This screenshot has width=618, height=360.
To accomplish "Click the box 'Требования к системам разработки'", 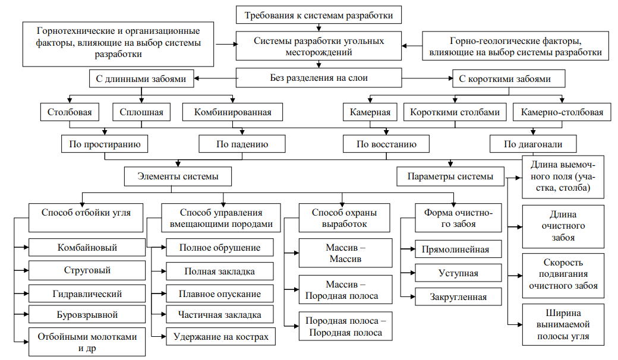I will [x=319, y=14].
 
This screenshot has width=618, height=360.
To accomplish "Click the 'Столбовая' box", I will [x=69, y=112].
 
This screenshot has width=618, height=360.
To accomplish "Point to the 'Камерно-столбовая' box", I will [x=562, y=112].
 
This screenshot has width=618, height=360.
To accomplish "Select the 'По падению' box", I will [x=241, y=144].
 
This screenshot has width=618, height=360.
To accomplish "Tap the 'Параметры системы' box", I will [x=450, y=176].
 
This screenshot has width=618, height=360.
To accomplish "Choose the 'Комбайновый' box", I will [x=87, y=248].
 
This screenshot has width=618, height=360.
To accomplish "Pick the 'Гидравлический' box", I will [x=87, y=293].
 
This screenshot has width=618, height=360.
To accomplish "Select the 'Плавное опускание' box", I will [x=220, y=293].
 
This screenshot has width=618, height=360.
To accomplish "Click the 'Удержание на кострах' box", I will [x=220, y=337].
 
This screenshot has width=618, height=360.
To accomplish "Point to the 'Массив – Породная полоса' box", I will [x=346, y=290].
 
